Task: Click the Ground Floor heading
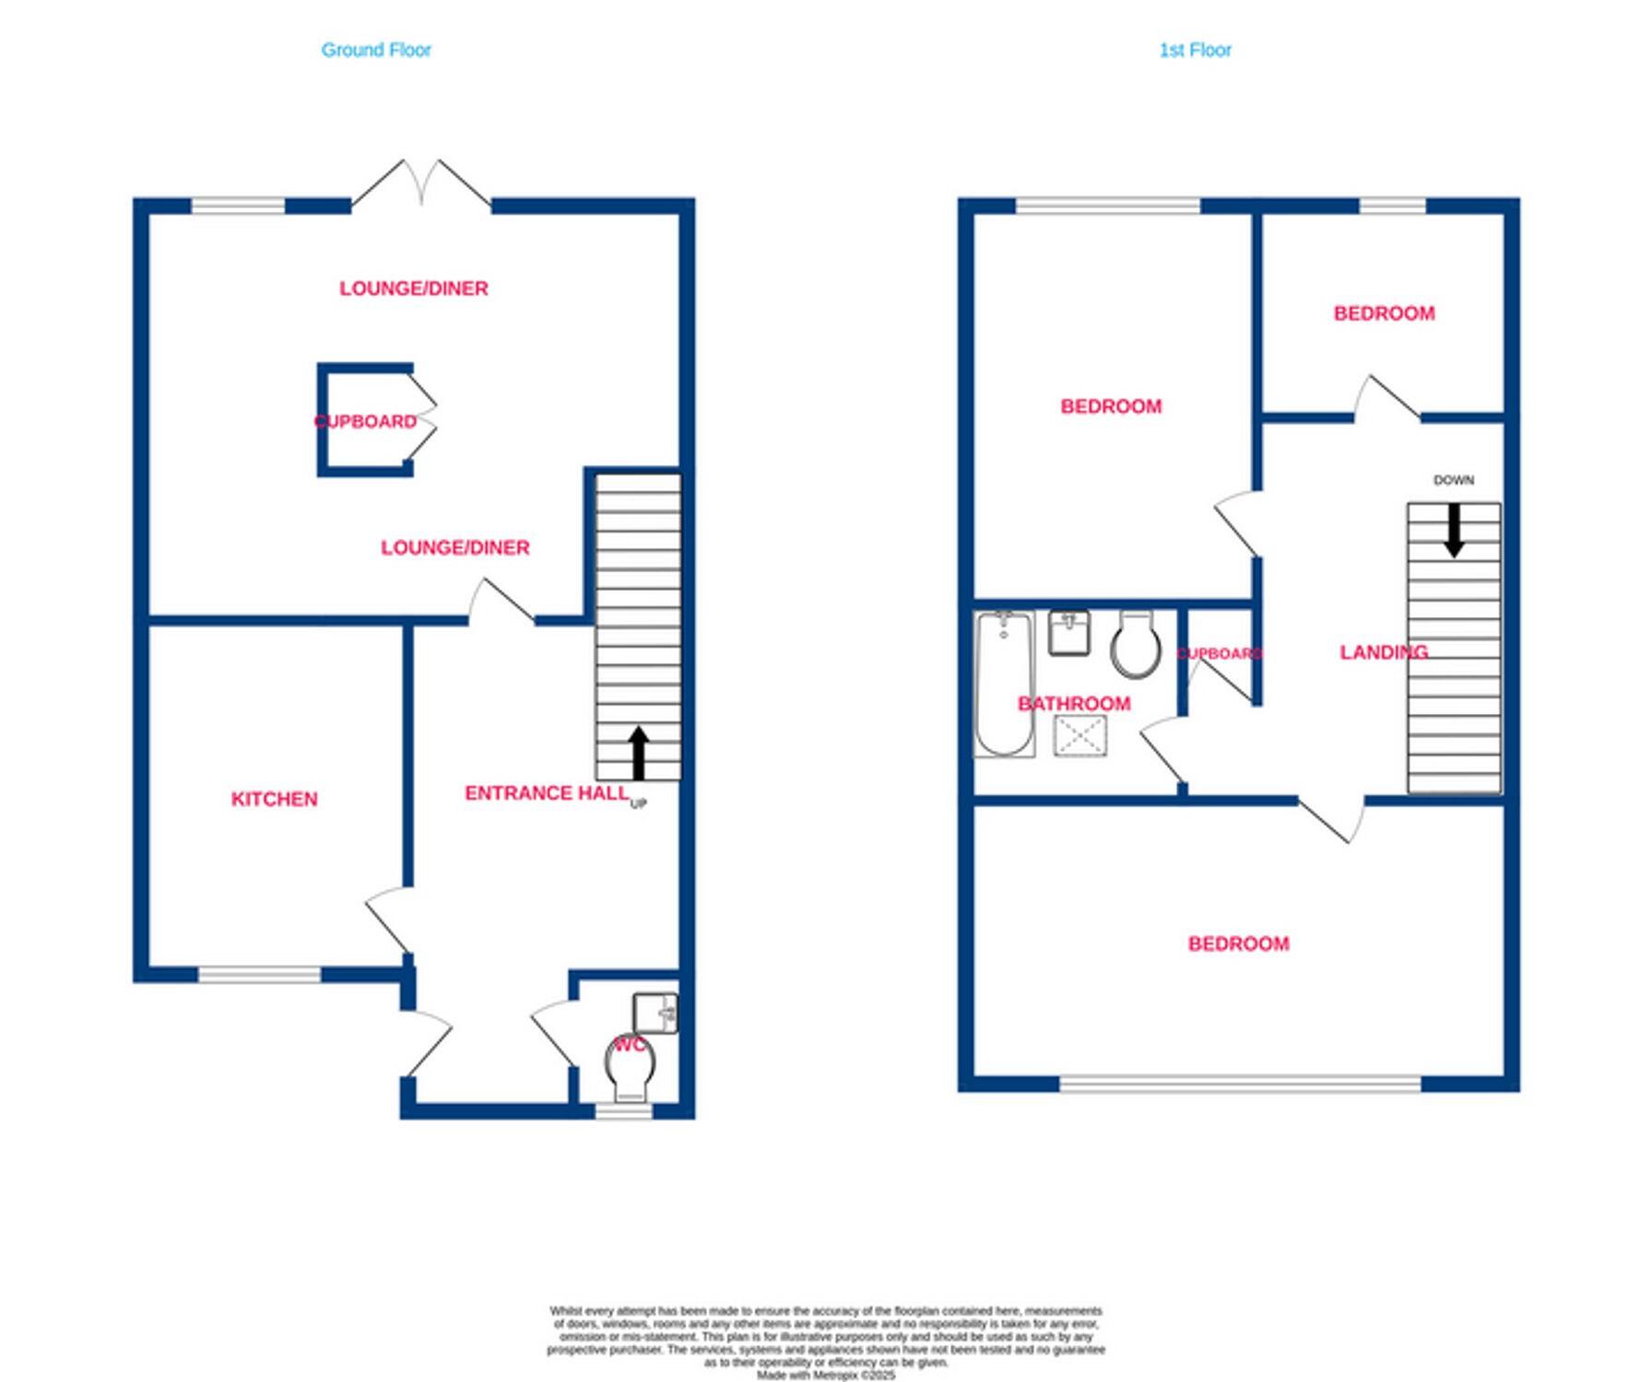[376, 50]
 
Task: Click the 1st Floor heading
[1195, 50]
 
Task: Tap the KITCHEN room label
[274, 799]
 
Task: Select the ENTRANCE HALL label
[546, 793]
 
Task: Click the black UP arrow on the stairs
[638, 751]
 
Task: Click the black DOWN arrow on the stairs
[1454, 530]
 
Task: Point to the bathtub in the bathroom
[1004, 683]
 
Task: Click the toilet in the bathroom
[1135, 644]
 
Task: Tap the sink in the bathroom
[1068, 632]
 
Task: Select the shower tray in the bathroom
[1080, 736]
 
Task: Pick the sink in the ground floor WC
[655, 1013]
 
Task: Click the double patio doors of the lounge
[421, 185]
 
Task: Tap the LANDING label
[1383, 652]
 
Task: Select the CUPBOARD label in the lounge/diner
[366, 421]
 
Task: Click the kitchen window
[259, 974]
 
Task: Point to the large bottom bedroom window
[1240, 1083]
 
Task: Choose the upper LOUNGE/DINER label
[414, 288]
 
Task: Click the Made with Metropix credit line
[825, 1375]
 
